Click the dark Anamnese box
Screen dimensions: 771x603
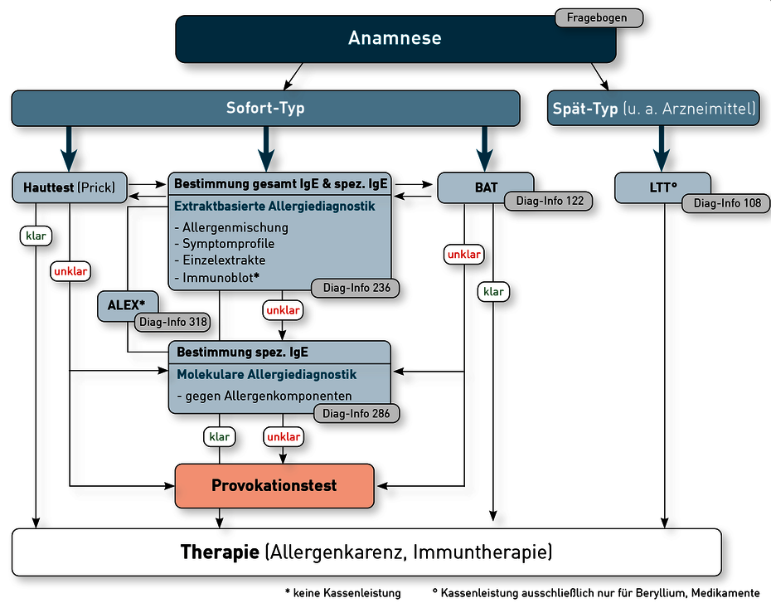click(395, 39)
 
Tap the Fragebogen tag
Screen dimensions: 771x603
click(599, 18)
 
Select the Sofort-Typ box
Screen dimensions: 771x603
click(265, 108)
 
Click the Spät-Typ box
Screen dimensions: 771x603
click(653, 108)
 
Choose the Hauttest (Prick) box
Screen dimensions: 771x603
click(70, 187)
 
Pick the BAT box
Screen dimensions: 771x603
click(485, 187)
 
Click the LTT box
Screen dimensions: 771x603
click(662, 187)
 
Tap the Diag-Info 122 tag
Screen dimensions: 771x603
click(549, 202)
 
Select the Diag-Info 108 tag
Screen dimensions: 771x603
click(726, 203)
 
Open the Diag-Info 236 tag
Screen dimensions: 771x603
click(356, 288)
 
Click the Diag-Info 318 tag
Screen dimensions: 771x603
click(172, 322)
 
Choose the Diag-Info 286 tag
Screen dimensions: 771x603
click(356, 414)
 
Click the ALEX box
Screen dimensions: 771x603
click(128, 305)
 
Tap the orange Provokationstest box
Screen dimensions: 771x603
click(274, 486)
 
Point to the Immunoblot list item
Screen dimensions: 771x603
click(217, 278)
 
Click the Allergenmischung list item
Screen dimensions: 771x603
click(231, 228)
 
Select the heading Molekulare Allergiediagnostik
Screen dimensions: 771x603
click(266, 375)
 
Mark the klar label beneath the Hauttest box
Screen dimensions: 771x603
click(36, 236)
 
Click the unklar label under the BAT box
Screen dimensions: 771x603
click(463, 255)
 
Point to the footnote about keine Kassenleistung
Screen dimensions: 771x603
click(343, 593)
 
